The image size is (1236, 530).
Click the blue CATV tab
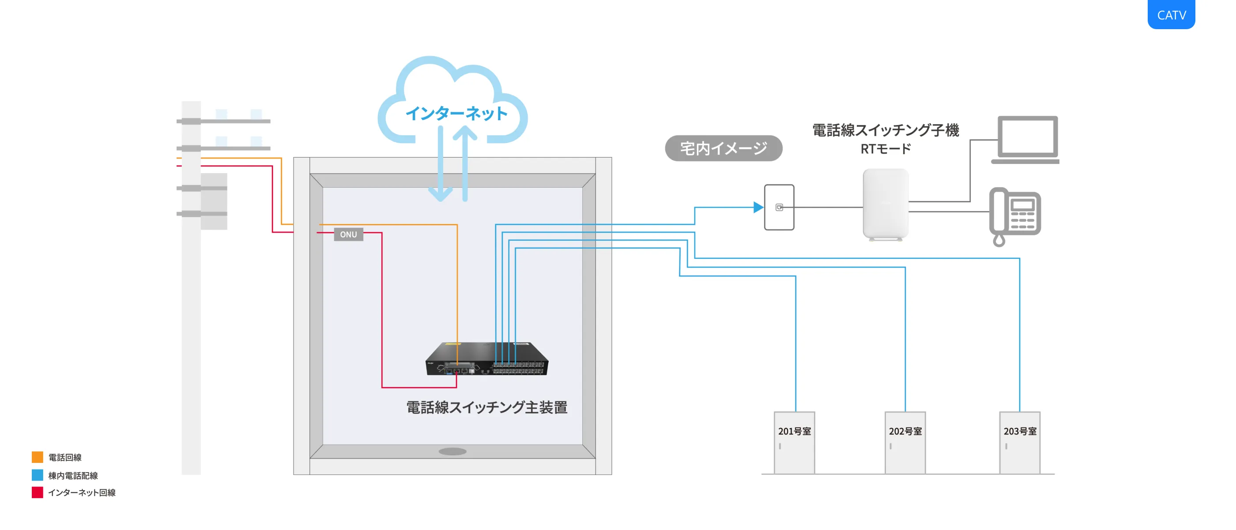tap(1171, 15)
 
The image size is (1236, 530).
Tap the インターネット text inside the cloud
tap(456, 114)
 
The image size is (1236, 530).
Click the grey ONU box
tap(348, 234)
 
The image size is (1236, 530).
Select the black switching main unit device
tap(486, 359)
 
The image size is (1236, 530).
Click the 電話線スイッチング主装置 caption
tap(486, 407)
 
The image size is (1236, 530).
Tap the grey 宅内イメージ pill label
tap(723, 148)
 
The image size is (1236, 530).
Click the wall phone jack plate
tap(779, 208)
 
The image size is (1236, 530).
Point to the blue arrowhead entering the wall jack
tap(757, 208)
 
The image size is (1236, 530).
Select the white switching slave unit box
tap(885, 204)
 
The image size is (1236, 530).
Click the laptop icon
tap(1027, 139)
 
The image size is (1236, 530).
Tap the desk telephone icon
tap(1015, 215)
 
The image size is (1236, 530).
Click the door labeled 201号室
tap(794, 442)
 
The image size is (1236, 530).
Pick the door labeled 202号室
tap(905, 442)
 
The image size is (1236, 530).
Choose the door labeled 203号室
tap(1020, 442)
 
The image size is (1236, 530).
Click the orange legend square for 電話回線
tap(38, 457)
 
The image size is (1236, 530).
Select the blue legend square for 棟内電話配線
tap(38, 475)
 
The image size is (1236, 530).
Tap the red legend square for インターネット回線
tap(38, 492)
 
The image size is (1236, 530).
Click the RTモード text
tap(885, 149)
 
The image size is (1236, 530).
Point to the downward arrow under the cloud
tap(441, 192)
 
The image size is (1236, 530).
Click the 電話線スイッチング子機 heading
tap(885, 130)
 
